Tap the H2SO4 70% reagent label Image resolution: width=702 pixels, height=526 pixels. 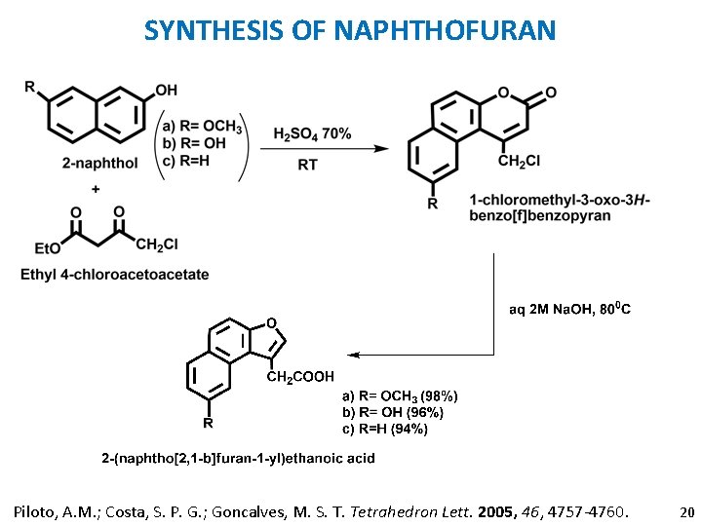(x=313, y=133)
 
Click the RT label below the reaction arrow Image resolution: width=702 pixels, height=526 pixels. (x=307, y=165)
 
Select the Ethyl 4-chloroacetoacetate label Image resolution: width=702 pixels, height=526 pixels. (x=115, y=275)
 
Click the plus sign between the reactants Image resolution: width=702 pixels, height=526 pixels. (x=95, y=188)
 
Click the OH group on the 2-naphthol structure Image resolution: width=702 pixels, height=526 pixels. (x=167, y=91)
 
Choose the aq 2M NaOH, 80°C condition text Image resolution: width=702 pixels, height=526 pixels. (x=569, y=310)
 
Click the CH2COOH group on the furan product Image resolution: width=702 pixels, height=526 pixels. (x=301, y=376)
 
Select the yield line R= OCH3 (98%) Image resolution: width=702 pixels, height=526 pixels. (x=399, y=395)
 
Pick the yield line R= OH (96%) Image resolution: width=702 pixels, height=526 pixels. (x=391, y=412)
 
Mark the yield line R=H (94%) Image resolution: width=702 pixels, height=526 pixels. (x=384, y=429)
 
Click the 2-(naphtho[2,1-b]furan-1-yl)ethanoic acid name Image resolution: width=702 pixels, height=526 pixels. (x=239, y=458)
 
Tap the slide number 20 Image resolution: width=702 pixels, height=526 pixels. (x=686, y=511)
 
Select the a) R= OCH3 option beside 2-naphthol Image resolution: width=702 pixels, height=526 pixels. (x=202, y=125)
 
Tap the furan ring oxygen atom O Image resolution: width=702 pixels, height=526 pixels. (x=271, y=322)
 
